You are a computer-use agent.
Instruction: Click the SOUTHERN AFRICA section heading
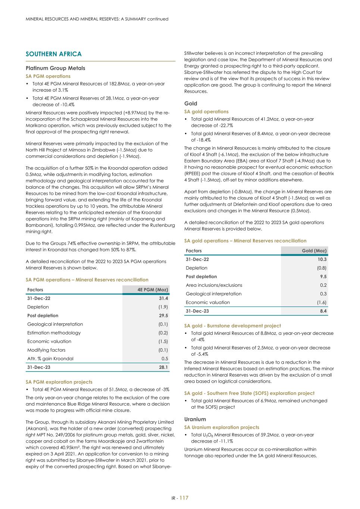pyautogui.click(x=53, y=54)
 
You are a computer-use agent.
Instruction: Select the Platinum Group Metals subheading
pyautogui.click(x=55, y=68)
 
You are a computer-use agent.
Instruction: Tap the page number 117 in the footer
pyautogui.click(x=184, y=498)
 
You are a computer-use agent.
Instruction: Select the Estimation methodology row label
pyautogui.click(x=54, y=333)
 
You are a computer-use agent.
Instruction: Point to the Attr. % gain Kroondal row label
pyautogui.click(x=50, y=358)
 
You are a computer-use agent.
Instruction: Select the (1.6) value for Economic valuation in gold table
pyautogui.click(x=321, y=302)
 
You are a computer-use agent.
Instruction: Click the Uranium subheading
pyautogui.click(x=195, y=419)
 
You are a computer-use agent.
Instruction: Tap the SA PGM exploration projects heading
pyautogui.click(x=59, y=382)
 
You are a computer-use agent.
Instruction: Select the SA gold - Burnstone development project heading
pyautogui.click(x=232, y=326)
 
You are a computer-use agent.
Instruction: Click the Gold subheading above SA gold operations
pyautogui.click(x=191, y=104)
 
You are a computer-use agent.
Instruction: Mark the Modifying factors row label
pyautogui.click(x=46, y=350)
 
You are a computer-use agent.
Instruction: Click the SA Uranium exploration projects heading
pyautogui.click(x=222, y=427)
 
